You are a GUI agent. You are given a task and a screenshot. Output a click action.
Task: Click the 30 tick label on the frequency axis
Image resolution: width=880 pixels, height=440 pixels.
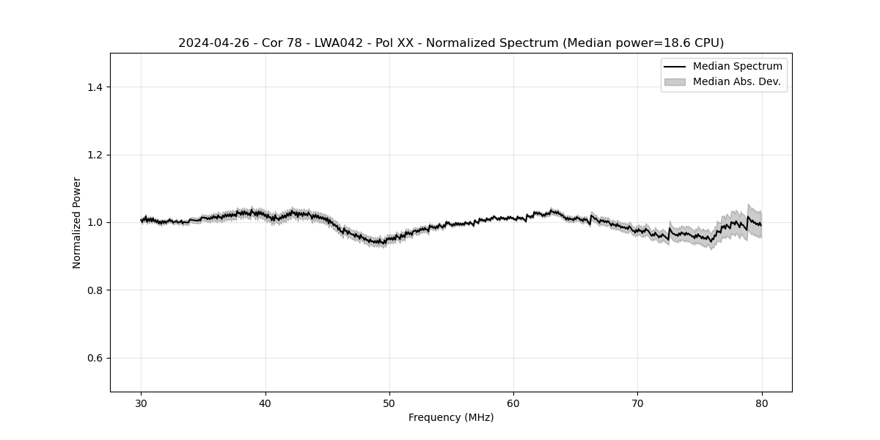coord(142,403)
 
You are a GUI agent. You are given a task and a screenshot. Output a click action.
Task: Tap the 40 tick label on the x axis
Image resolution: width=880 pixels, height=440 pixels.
coord(265,403)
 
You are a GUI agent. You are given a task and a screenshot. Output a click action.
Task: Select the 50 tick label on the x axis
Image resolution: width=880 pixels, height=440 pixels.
coord(389,403)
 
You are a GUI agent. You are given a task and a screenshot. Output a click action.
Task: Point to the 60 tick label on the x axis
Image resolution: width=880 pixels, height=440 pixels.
coord(513,403)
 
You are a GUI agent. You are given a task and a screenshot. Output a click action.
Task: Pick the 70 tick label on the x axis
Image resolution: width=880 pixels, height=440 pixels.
coord(637,403)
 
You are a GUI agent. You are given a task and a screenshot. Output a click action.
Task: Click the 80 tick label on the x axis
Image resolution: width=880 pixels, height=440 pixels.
coord(762,403)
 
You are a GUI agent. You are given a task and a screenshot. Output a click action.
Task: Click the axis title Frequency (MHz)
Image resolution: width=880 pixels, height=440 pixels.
coord(451,417)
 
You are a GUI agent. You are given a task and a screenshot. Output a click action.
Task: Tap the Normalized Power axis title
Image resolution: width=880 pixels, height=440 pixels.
coord(77,222)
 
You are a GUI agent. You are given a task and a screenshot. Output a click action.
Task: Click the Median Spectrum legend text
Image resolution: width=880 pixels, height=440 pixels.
coord(737,67)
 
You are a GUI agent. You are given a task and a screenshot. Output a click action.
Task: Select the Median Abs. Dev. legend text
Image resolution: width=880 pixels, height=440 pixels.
coord(736,82)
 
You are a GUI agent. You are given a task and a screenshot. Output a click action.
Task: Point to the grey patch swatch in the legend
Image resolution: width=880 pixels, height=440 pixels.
coord(675,82)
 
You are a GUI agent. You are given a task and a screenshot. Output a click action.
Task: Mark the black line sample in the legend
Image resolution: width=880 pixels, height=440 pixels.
coord(675,67)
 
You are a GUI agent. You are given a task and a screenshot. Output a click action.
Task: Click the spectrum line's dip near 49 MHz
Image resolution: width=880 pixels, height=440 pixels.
coord(378,242)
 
